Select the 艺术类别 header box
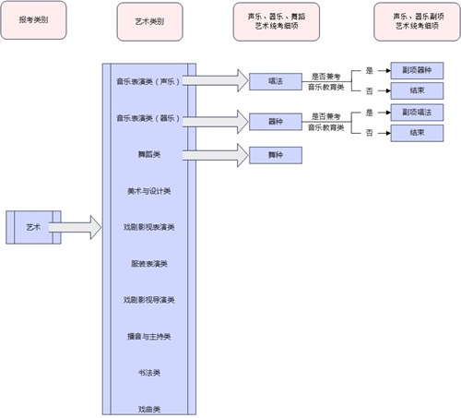(150, 20)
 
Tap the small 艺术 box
(33, 226)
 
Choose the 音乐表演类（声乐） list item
(148, 82)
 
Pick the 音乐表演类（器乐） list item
(148, 118)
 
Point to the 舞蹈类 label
(148, 154)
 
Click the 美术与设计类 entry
(148, 190)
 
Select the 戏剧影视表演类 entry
(148, 226)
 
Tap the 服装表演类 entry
(148, 263)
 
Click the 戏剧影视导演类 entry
(148, 299)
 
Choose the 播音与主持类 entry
(148, 335)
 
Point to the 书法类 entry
(148, 372)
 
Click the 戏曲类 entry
(148, 408)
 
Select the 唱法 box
(276, 82)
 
